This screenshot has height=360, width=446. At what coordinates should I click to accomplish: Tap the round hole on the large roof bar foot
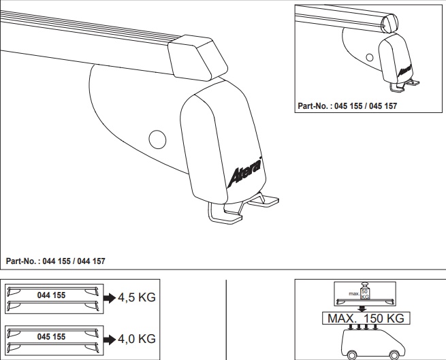pyautogui.click(x=157, y=140)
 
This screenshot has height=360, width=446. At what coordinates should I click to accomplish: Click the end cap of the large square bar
pyautogui.click(x=197, y=58)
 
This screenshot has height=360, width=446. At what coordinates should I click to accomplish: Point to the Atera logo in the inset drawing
pyautogui.click(x=404, y=70)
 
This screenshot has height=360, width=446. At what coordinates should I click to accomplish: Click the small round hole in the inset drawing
pyautogui.click(x=370, y=57)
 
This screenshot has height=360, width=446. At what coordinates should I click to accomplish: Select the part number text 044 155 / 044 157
pyautogui.click(x=55, y=261)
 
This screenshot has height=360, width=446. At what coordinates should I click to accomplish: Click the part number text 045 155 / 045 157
pyautogui.click(x=347, y=106)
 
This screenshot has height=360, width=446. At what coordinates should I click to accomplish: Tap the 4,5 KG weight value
pyautogui.click(x=137, y=297)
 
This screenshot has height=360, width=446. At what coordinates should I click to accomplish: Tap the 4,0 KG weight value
pyautogui.click(x=137, y=339)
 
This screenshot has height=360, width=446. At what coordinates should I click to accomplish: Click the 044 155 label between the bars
pyautogui.click(x=51, y=295)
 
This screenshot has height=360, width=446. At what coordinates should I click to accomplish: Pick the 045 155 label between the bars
pyautogui.click(x=51, y=337)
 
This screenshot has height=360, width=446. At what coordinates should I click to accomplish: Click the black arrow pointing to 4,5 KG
pyautogui.click(x=109, y=298)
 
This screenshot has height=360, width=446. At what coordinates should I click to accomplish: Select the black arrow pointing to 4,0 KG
pyautogui.click(x=109, y=340)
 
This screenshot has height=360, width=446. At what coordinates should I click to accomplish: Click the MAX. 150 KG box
pyautogui.click(x=366, y=318)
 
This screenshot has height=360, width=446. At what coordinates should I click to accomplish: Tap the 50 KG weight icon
pyautogui.click(x=365, y=291)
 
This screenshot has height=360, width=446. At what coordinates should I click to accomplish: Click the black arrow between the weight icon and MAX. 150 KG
pyautogui.click(x=362, y=309)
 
